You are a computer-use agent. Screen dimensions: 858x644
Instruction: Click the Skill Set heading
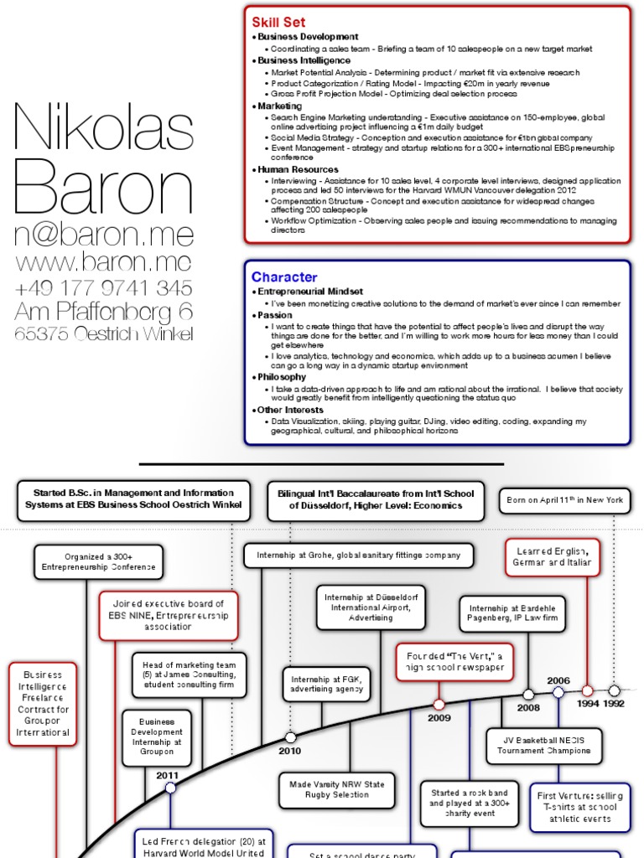pos(279,23)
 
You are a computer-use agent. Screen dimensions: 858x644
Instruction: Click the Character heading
pos(284,277)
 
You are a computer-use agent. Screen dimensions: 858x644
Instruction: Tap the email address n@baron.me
pos(104,234)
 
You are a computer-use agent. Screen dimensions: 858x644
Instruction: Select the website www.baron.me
pos(103,261)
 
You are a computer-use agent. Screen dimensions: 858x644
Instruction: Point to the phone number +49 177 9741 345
pos(103,287)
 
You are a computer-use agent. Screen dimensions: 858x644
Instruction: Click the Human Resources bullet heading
pos(297,169)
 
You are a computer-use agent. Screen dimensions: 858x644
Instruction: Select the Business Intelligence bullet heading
pos(303,61)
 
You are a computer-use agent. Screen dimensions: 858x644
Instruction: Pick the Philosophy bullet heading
pos(282,377)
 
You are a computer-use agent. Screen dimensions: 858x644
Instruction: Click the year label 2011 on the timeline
pos(168,776)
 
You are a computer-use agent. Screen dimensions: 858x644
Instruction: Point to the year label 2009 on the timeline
pos(439,718)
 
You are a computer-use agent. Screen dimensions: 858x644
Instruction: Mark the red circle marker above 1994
pos(588,691)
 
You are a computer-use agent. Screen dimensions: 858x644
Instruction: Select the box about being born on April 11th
pos(565,500)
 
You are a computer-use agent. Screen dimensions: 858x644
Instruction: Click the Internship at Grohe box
pos(358,555)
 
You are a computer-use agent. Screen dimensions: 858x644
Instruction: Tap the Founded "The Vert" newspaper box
pos(454,661)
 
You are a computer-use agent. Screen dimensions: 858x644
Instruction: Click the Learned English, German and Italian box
pos(553,556)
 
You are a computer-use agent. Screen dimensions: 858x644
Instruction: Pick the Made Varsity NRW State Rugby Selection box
pos(337,789)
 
